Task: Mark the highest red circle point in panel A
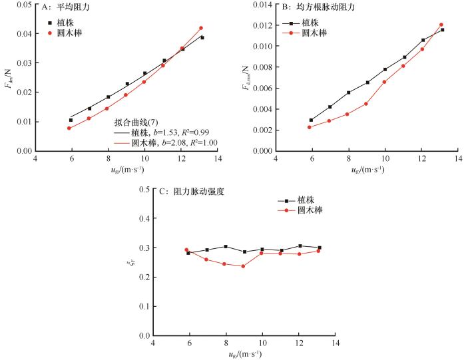tap(200, 28)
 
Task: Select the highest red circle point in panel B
tap(441, 25)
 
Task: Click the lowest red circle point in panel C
tap(243, 266)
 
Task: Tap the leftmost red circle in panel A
tap(69, 128)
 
